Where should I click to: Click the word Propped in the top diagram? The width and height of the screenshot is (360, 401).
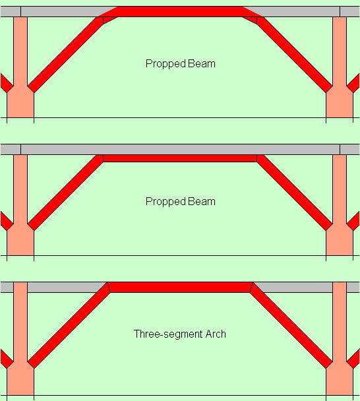[165, 64]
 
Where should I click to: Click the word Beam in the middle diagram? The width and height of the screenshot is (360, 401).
[202, 202]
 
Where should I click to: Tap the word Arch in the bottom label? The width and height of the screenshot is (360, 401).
[216, 334]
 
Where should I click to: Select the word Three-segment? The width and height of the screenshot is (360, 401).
[168, 334]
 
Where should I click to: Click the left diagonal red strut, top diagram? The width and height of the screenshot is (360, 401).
[65, 55]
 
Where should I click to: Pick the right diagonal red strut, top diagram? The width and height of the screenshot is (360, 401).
[295, 55]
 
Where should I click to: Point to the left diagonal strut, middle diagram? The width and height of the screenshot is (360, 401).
[65, 193]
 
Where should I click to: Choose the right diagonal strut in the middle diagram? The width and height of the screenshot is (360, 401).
[295, 193]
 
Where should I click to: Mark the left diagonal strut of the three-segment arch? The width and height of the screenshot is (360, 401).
[69, 325]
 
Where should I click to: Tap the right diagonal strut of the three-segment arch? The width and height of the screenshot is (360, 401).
[291, 325]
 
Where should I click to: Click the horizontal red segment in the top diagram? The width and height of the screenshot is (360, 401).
[180, 12]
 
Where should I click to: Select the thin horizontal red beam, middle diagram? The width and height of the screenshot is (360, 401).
[180, 158]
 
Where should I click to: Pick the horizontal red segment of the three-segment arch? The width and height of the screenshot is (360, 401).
[180, 287]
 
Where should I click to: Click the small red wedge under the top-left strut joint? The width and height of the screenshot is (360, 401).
[108, 19]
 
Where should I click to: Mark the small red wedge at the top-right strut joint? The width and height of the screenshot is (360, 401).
[252, 19]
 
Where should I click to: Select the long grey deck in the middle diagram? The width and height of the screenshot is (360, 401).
[180, 149]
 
